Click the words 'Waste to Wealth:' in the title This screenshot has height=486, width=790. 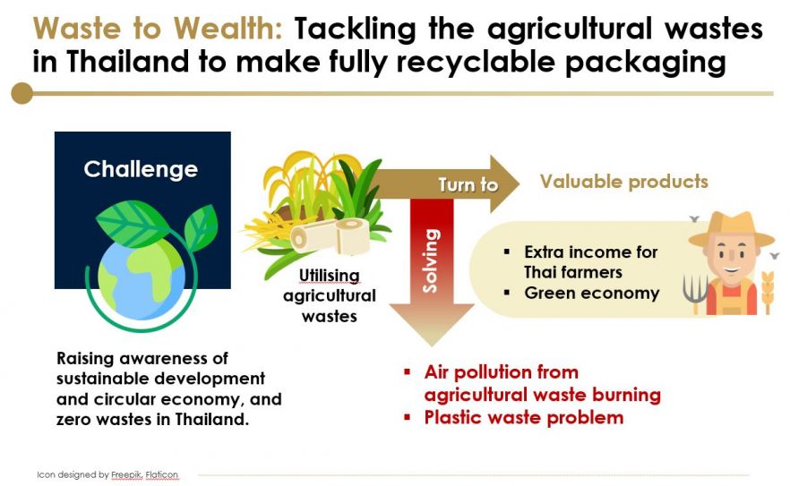point(158,29)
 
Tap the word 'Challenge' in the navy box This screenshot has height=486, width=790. point(141,170)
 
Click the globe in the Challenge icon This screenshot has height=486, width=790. point(142,279)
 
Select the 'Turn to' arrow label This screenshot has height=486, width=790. point(468,185)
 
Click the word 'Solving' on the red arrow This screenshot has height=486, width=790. point(431,260)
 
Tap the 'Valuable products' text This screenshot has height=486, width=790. point(624,182)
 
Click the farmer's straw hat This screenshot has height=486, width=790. point(731,228)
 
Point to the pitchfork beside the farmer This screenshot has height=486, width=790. point(695,293)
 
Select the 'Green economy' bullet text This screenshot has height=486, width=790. point(592,293)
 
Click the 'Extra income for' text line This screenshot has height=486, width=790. point(591,252)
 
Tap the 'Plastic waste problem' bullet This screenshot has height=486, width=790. point(524,417)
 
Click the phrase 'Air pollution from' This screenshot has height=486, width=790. point(502,372)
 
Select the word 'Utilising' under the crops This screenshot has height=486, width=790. point(330,276)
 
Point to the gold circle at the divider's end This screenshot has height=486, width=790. point(22,93)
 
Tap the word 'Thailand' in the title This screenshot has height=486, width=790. point(128,62)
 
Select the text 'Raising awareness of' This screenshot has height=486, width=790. point(142,359)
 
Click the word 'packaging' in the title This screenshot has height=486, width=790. point(646,64)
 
